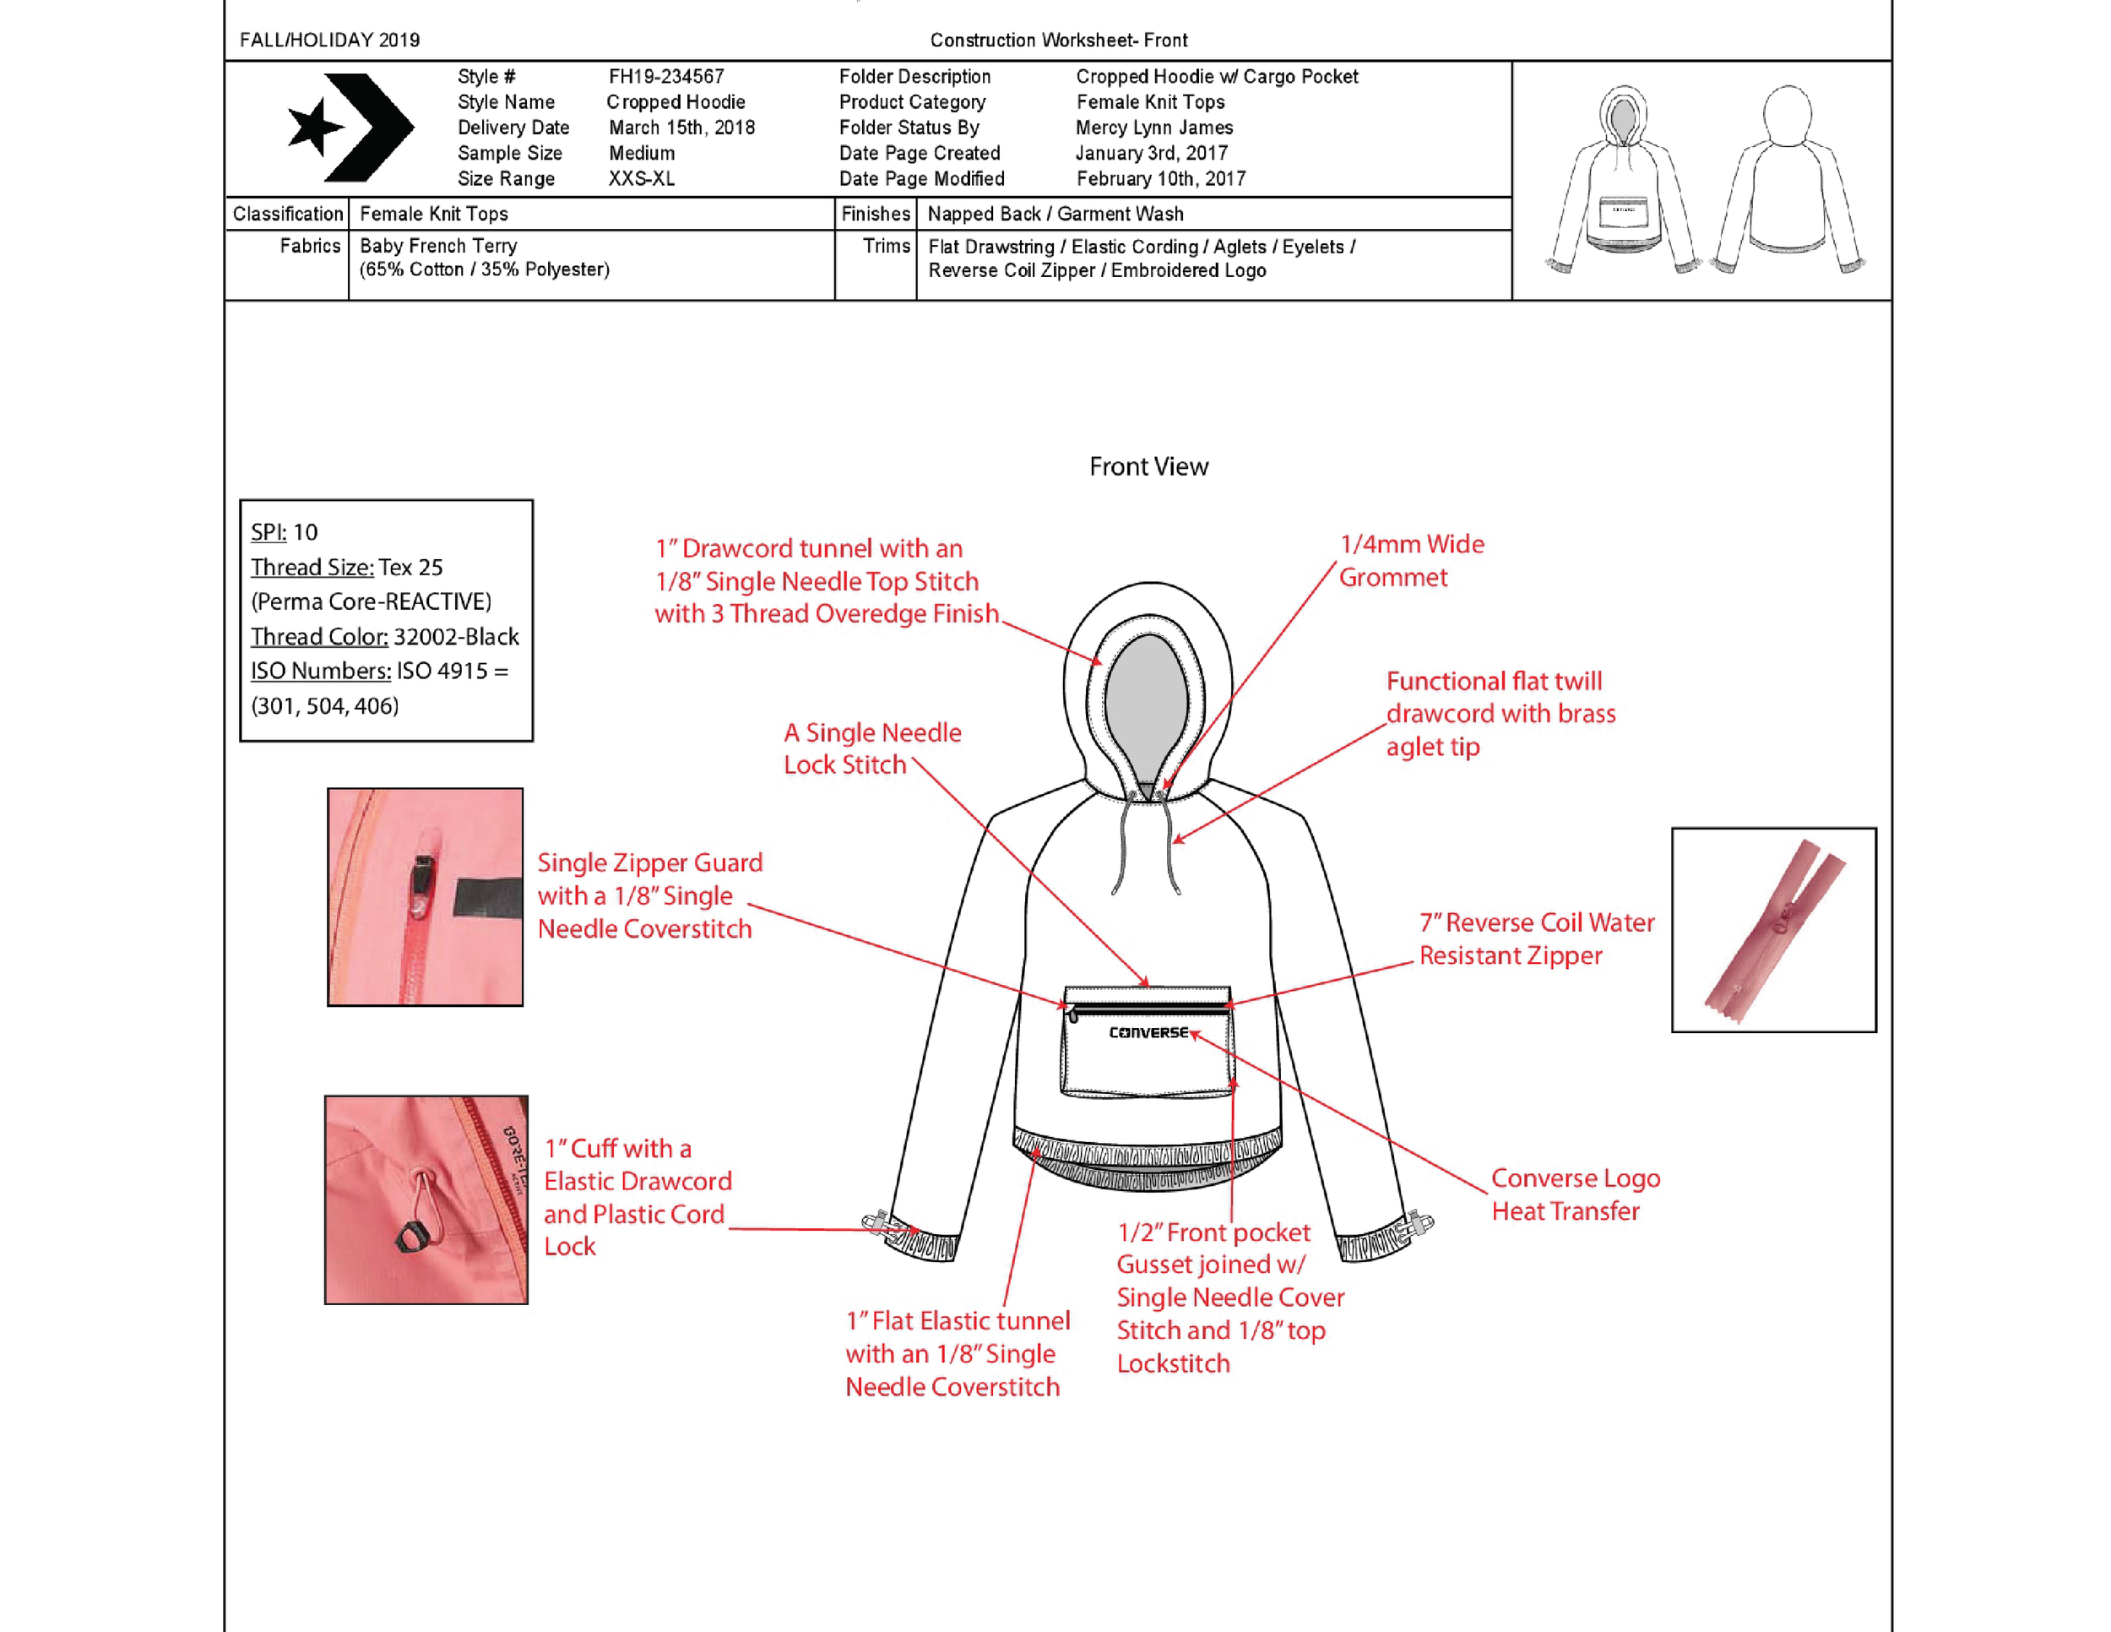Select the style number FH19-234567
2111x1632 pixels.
[x=666, y=76]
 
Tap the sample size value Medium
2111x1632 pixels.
[x=642, y=153]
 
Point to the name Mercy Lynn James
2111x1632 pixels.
[x=1154, y=128]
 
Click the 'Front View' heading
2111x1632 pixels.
[x=1148, y=467]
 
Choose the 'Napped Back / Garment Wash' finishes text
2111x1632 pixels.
[x=1055, y=214]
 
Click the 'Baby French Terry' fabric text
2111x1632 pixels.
[x=438, y=246]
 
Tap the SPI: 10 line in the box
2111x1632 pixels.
[x=285, y=533]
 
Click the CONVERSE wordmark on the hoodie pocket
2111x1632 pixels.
[x=1148, y=1032]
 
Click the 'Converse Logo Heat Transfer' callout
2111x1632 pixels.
[x=1575, y=1194]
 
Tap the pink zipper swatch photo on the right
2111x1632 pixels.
[x=1774, y=930]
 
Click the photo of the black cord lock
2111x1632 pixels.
[x=426, y=1200]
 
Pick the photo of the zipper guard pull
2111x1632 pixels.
[x=426, y=897]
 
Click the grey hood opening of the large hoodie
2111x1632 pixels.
[x=1147, y=706]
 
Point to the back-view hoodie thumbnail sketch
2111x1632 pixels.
[x=1788, y=179]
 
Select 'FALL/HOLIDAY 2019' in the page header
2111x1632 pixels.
[x=329, y=41]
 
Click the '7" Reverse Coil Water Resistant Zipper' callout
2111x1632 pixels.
[x=1536, y=938]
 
